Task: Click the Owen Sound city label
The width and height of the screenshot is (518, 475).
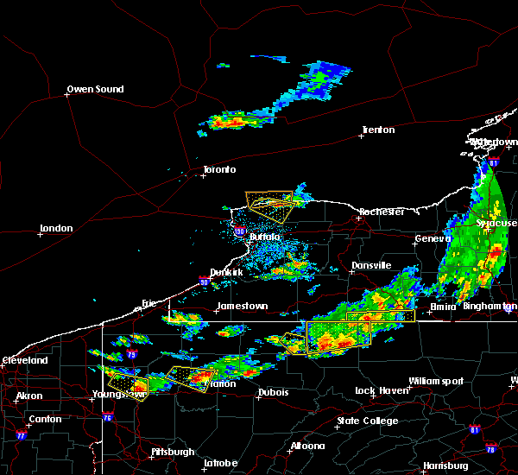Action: (x=96, y=89)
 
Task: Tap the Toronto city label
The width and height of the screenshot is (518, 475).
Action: (x=219, y=169)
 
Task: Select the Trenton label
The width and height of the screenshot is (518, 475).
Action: (x=378, y=130)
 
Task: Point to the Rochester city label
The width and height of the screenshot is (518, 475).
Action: (x=382, y=212)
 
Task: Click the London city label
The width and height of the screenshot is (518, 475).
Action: (x=56, y=228)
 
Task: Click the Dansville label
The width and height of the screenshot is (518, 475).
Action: (x=371, y=265)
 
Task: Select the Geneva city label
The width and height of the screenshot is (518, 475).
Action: (x=433, y=238)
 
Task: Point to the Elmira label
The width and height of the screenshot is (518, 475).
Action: (x=443, y=307)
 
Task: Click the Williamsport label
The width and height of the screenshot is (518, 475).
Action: (x=436, y=381)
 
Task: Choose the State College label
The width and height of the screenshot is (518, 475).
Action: (x=368, y=421)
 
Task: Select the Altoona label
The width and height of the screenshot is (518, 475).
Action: (x=307, y=446)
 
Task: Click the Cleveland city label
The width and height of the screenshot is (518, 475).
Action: (x=24, y=359)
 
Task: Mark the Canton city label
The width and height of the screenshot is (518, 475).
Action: (x=45, y=419)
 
